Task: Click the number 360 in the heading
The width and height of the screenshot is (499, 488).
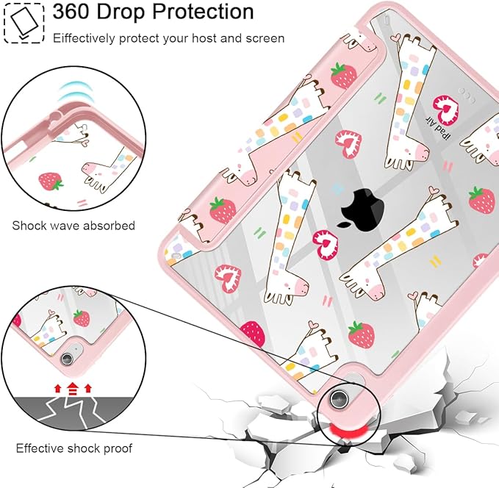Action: coord(71,12)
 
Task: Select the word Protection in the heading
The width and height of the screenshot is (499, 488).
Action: coord(203,12)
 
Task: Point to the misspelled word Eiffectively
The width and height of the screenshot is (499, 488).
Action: coord(84,39)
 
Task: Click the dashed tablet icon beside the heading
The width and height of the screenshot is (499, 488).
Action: coord(24,23)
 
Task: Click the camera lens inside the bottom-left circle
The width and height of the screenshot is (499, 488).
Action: coord(67,359)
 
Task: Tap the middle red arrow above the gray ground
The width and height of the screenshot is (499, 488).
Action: coord(73,389)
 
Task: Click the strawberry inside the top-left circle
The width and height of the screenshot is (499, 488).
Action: coord(50,182)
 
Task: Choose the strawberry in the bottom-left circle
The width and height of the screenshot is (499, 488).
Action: coord(82,318)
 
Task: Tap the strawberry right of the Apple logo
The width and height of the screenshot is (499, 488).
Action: coord(482,200)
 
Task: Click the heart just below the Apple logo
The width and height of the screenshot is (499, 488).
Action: coord(326,245)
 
